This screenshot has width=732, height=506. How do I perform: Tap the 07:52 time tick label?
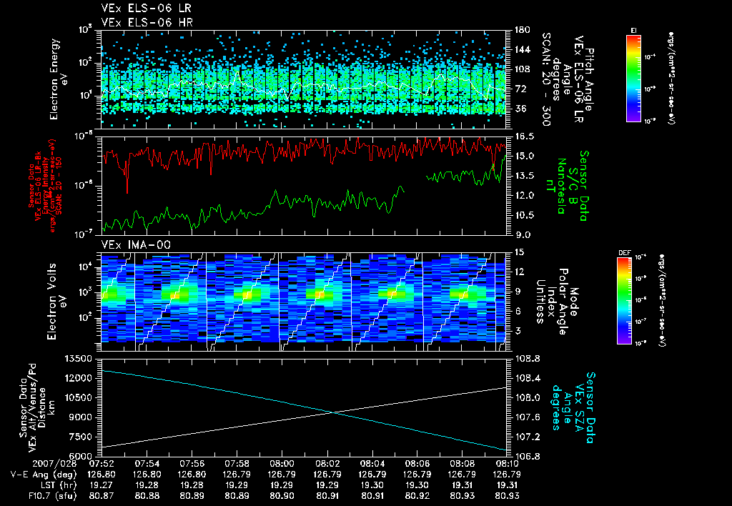(102, 463)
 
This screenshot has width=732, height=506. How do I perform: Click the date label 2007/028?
(29, 463)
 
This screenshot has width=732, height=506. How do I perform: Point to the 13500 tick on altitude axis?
(79, 357)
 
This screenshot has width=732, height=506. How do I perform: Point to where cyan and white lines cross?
(333, 412)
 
